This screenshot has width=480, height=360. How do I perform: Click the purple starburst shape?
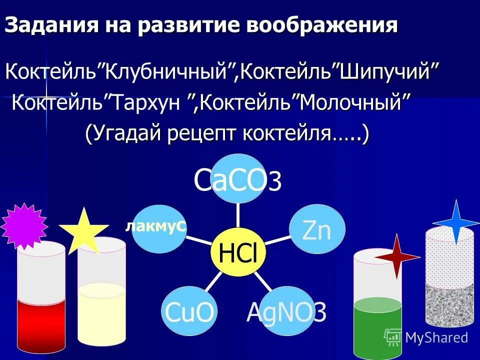(x=23, y=226)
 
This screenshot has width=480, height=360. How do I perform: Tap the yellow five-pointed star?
(x=83, y=231)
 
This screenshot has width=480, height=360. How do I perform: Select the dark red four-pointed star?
(x=397, y=256)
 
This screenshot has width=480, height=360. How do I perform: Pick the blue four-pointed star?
(x=456, y=222)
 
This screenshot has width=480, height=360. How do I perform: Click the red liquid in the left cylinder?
(x=41, y=325)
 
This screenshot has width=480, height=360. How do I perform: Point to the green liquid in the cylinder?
(x=377, y=327)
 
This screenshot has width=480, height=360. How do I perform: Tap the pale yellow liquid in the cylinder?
(x=101, y=312)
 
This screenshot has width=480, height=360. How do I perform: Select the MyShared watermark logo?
(x=426, y=337)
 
